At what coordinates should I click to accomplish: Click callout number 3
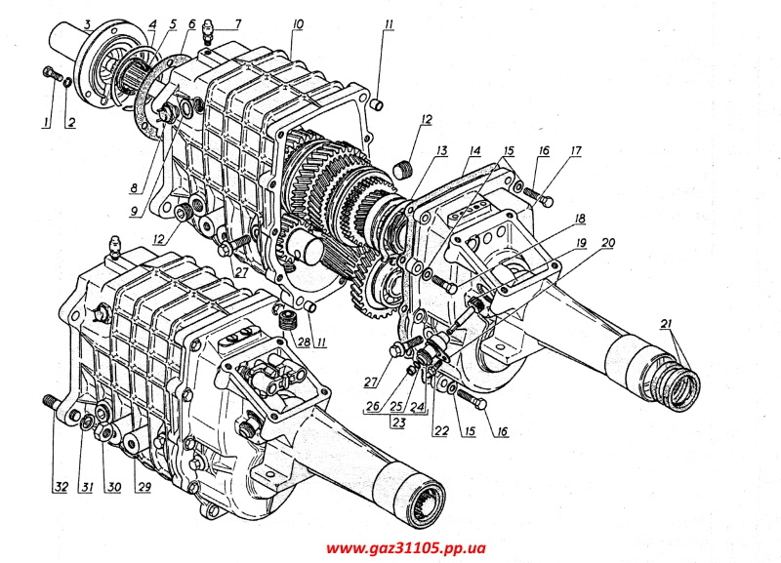click(87, 21)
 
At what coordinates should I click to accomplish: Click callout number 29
click(144, 488)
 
